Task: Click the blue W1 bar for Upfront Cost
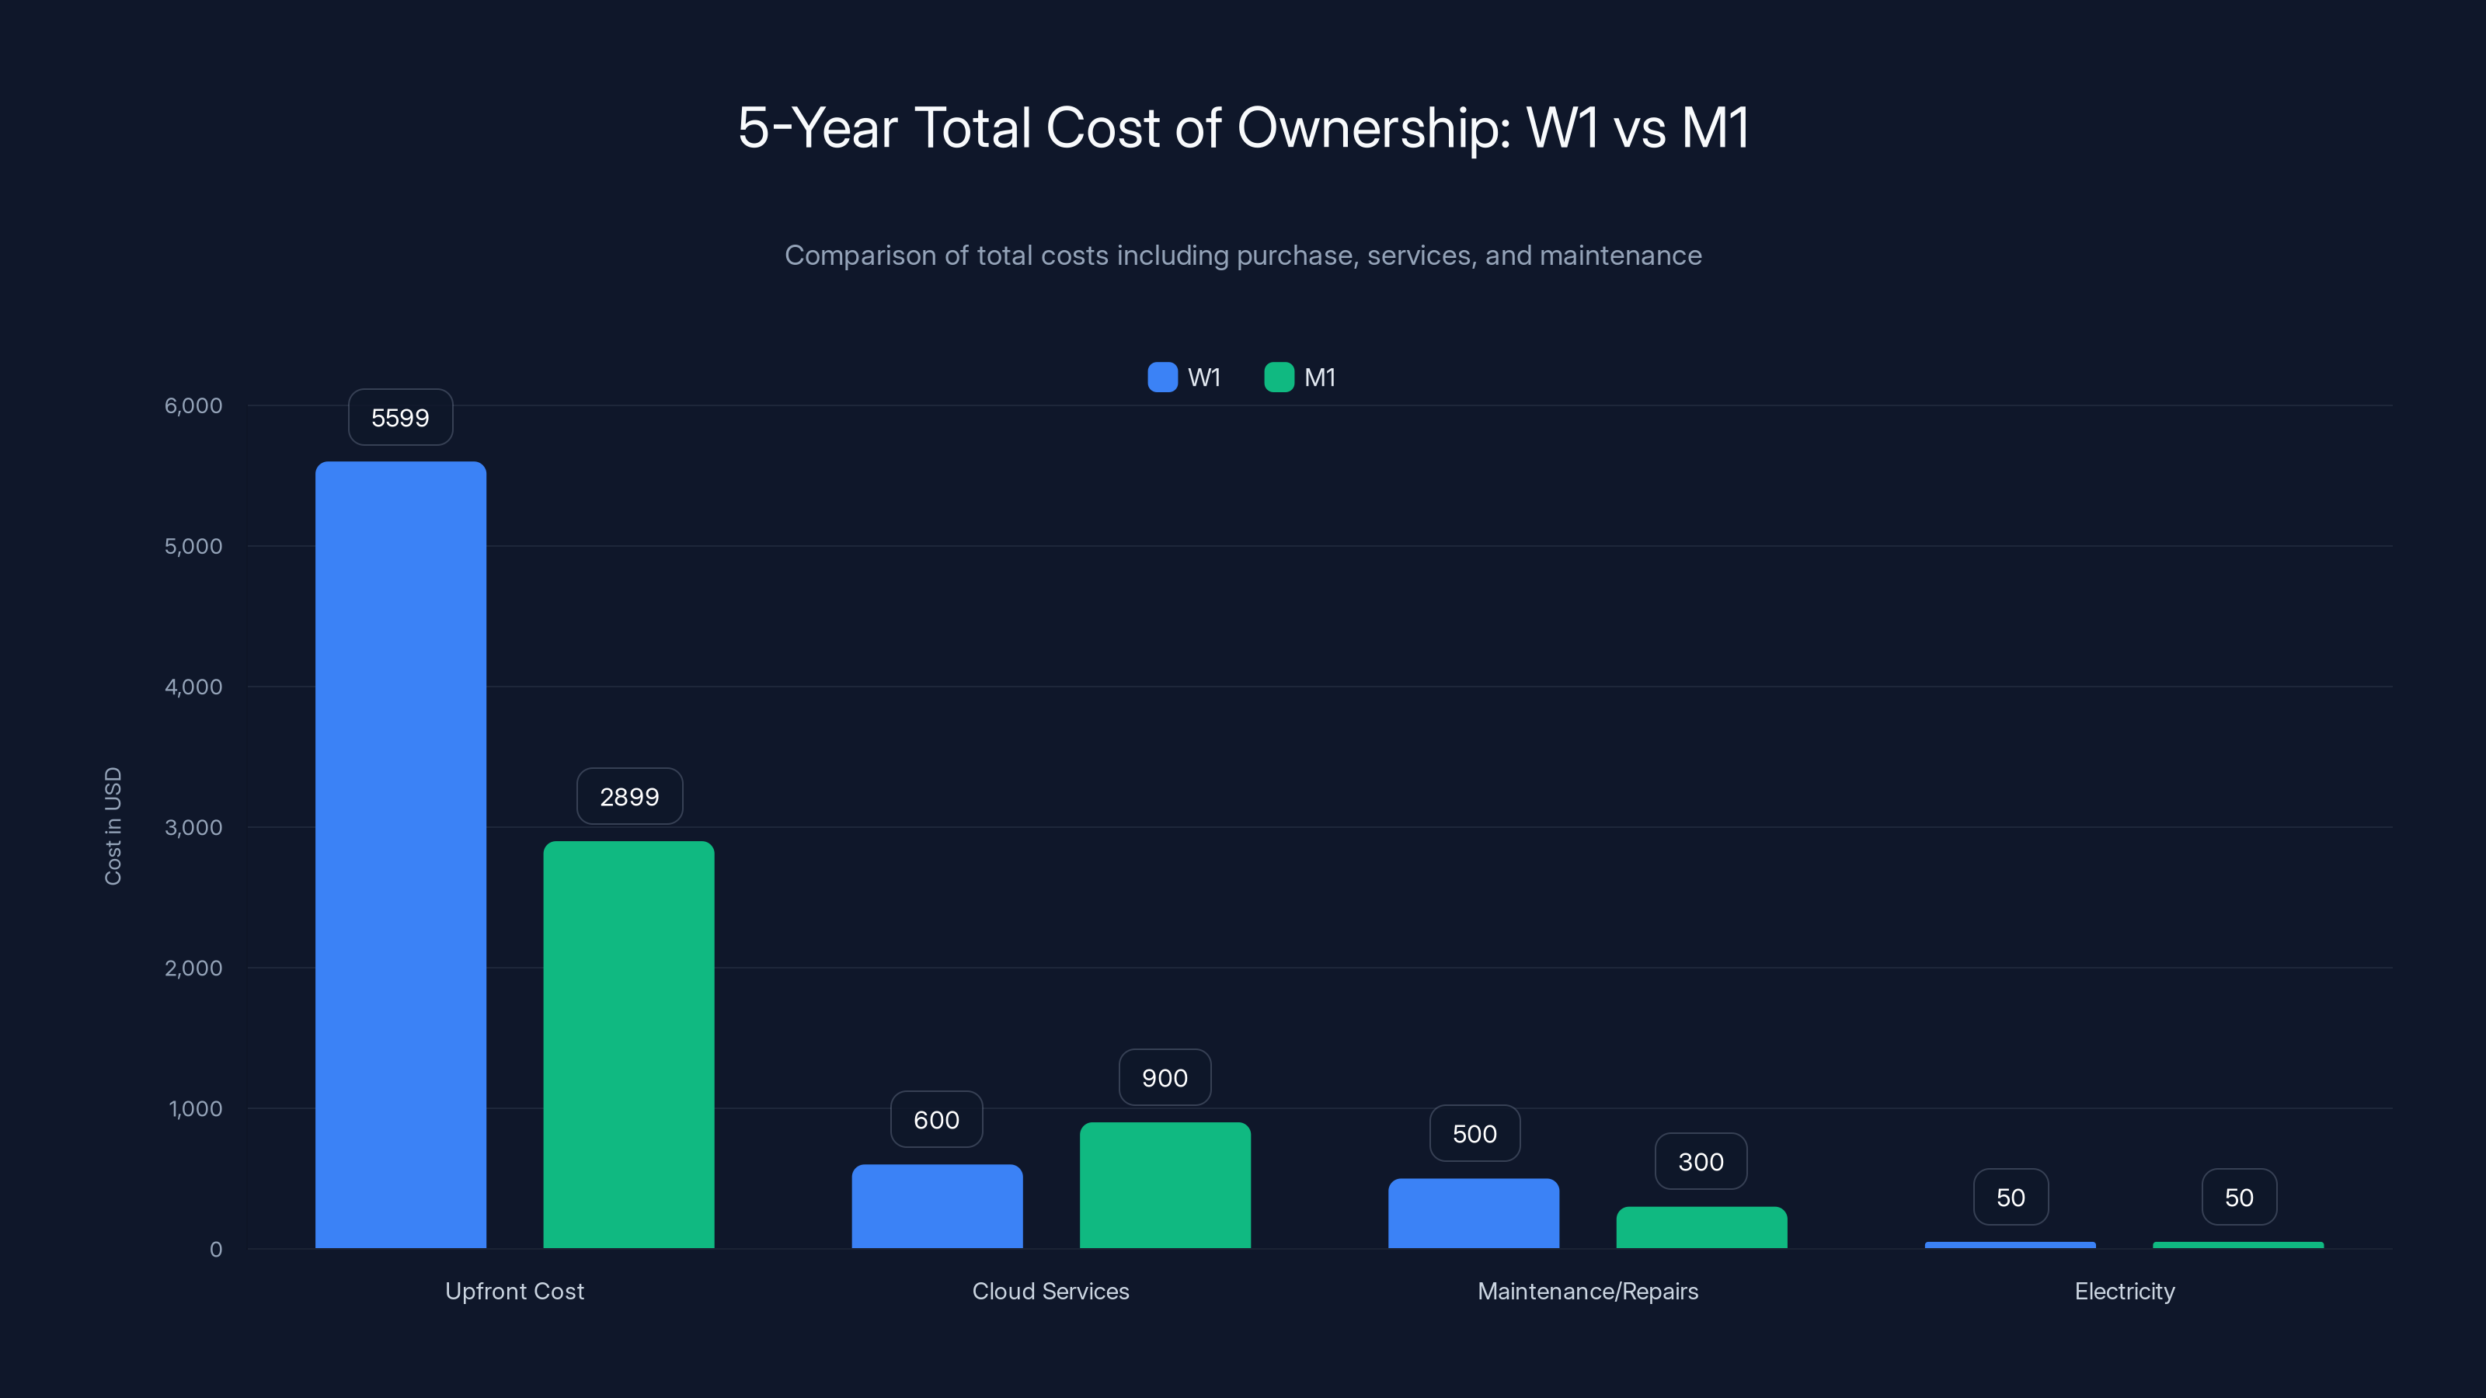[x=401, y=854]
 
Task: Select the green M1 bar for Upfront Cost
[x=628, y=1044]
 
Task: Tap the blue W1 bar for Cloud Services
[x=936, y=1206]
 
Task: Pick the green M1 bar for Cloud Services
[x=1165, y=1184]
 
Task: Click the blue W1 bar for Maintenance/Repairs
[x=1473, y=1212]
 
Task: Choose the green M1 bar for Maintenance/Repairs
[x=1701, y=1227]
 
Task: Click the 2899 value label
[x=629, y=797]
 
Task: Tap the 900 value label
[x=1165, y=1078]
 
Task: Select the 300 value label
[x=1701, y=1162]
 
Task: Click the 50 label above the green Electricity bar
[x=2239, y=1198]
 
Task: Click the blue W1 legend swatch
[x=1162, y=377]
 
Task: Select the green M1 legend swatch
[x=1279, y=377]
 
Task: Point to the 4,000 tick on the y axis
[x=193, y=687]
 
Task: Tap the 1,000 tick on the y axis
[x=195, y=1108]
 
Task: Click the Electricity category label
[x=2124, y=1291]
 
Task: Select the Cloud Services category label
[x=1050, y=1291]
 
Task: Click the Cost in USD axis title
[x=113, y=826]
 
